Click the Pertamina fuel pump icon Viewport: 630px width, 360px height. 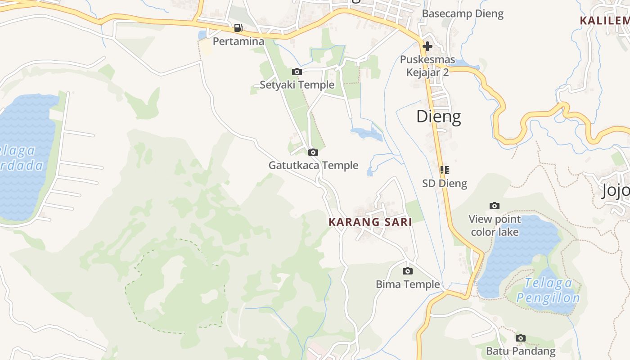click(x=238, y=28)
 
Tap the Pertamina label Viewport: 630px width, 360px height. click(x=238, y=41)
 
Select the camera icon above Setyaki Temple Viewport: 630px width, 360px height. click(x=297, y=72)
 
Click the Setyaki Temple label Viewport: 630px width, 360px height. click(x=297, y=85)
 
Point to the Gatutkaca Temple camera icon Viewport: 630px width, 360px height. click(x=313, y=152)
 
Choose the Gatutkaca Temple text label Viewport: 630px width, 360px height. click(x=313, y=165)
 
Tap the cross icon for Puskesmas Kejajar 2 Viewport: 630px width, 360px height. click(x=427, y=46)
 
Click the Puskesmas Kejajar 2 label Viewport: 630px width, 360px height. click(x=427, y=66)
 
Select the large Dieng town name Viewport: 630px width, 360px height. click(x=439, y=117)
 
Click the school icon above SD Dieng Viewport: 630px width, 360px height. click(x=445, y=170)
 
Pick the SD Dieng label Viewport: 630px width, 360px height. click(x=445, y=183)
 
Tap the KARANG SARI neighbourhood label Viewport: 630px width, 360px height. click(x=370, y=222)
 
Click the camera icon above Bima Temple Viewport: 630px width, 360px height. click(x=408, y=271)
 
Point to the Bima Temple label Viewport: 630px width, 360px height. click(x=408, y=284)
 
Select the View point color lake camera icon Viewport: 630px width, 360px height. click(x=495, y=206)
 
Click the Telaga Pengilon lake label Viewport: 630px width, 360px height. click(x=548, y=291)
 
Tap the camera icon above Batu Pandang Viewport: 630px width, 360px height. click(x=521, y=338)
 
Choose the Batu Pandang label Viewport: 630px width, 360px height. click(x=521, y=351)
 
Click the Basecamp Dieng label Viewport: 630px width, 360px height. click(x=463, y=13)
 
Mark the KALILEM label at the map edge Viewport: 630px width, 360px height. click(x=604, y=20)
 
